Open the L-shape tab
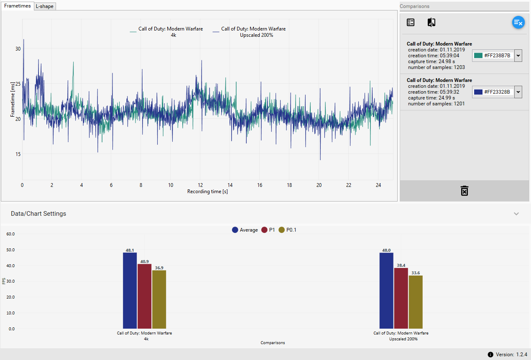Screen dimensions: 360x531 (x=44, y=6)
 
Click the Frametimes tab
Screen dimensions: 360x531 (x=17, y=6)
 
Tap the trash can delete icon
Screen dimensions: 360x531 (x=464, y=191)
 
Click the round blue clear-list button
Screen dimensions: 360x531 (x=518, y=23)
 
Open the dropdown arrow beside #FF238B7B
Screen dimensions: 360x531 (x=518, y=56)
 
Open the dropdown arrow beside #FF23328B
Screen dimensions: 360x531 (x=518, y=92)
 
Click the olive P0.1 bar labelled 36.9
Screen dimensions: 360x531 (x=159, y=299)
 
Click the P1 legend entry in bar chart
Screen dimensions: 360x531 (x=268, y=230)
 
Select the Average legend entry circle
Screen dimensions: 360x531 (x=235, y=230)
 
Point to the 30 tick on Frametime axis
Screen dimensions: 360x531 (x=18, y=49)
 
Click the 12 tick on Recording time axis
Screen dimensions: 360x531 (x=200, y=185)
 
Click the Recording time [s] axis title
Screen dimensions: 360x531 (x=207, y=191)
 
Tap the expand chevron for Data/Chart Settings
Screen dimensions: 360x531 (x=516, y=214)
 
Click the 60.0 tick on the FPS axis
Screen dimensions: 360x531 (x=10, y=234)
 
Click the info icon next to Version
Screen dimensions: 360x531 (x=490, y=355)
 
